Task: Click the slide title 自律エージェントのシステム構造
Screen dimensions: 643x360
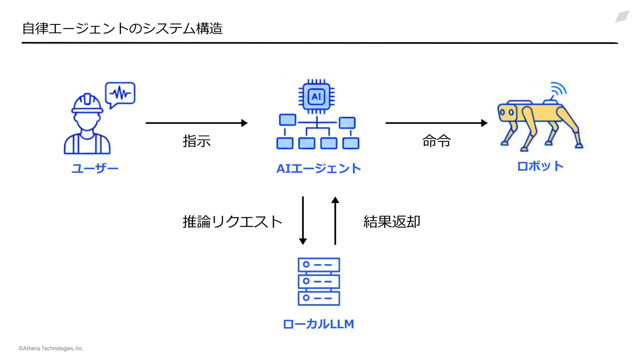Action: tap(122, 29)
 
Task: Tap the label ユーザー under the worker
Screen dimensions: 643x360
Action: tap(95, 168)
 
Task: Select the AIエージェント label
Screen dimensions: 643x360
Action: tap(318, 168)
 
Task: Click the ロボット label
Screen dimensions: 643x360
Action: tap(540, 166)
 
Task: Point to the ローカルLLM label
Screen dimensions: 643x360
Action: tap(318, 324)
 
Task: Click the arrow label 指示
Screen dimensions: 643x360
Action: tap(197, 141)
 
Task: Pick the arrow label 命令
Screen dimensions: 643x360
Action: tap(436, 141)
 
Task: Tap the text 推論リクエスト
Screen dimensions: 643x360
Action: tap(233, 222)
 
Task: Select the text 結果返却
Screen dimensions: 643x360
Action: tap(392, 222)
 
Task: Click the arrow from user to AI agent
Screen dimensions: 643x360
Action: tap(197, 123)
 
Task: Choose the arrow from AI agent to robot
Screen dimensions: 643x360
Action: tap(436, 123)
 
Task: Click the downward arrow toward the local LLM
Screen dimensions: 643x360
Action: tap(303, 221)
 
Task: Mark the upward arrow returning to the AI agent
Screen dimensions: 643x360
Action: tap(335, 221)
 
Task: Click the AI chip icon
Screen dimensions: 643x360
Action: tap(316, 96)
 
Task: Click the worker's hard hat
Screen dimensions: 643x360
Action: tap(87, 103)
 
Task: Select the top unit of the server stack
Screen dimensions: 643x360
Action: tap(319, 265)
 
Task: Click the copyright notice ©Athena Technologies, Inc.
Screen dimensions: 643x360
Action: tap(51, 348)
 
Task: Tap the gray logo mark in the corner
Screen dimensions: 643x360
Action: tap(622, 16)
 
